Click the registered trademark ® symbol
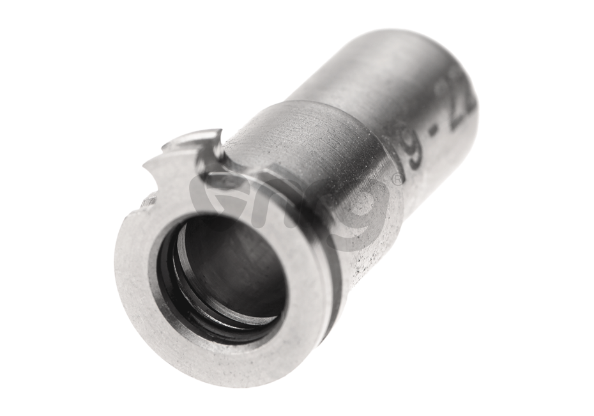point(397,181)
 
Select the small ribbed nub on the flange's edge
point(148,201)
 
